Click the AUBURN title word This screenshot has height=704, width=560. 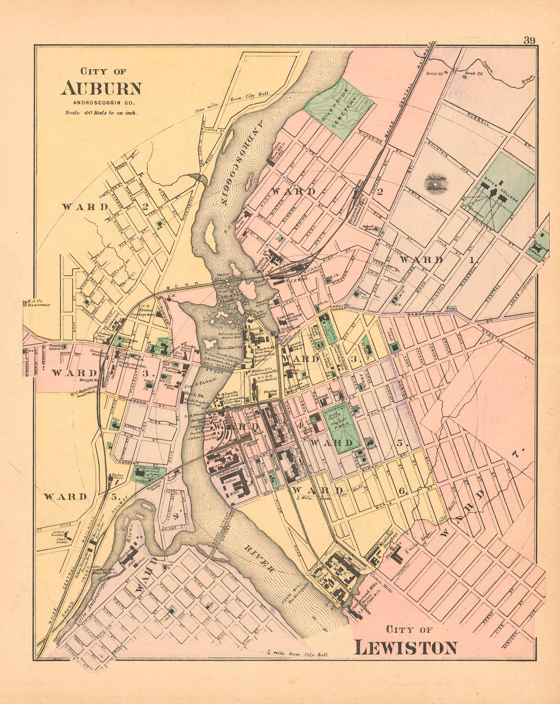(101, 87)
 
